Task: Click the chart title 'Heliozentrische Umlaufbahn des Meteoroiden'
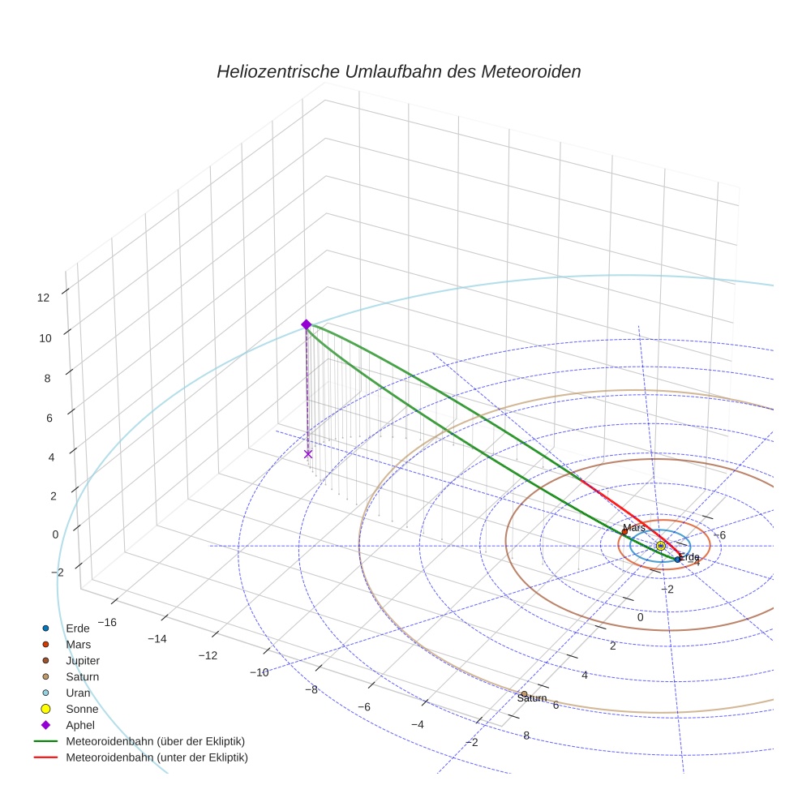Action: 398,71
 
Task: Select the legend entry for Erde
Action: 77,629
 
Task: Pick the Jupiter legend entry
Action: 82,661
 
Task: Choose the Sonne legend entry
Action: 81,709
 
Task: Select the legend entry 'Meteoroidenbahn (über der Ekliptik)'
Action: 155,741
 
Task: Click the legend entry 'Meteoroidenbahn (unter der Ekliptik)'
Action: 156,757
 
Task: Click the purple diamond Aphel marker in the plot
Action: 307,324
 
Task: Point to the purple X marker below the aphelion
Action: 308,454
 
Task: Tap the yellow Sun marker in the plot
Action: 660,546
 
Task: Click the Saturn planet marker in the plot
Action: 525,694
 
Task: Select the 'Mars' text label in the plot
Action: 633,528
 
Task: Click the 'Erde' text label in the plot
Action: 689,557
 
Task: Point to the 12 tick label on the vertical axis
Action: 43,298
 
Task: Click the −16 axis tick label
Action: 107,622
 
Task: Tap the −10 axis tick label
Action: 260,672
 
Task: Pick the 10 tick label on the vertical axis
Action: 45,338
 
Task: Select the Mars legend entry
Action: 78,645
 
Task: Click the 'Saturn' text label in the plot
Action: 532,698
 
